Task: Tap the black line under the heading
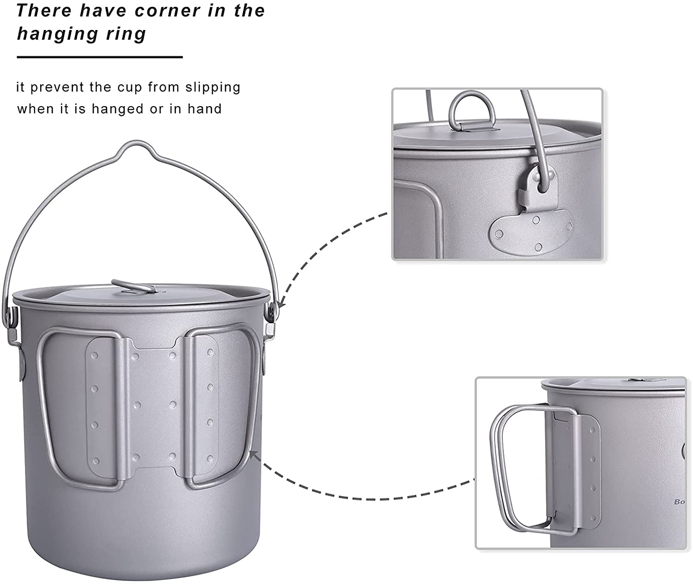[100, 57]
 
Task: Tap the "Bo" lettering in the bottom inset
[679, 502]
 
